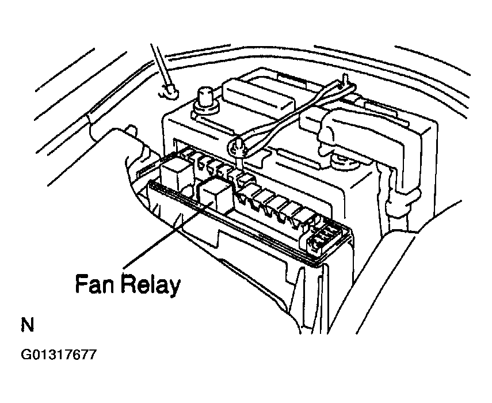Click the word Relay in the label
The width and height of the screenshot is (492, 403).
151,285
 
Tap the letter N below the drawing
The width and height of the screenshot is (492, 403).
27,325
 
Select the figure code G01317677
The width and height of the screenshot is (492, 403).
58,355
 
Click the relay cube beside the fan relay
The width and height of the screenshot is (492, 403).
176,176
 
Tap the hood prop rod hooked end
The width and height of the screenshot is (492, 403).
169,92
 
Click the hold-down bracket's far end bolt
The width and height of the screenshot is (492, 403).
345,81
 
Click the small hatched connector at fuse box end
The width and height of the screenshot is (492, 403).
324,238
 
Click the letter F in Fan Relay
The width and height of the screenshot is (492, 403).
81,284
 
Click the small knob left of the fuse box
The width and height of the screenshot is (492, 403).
131,130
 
